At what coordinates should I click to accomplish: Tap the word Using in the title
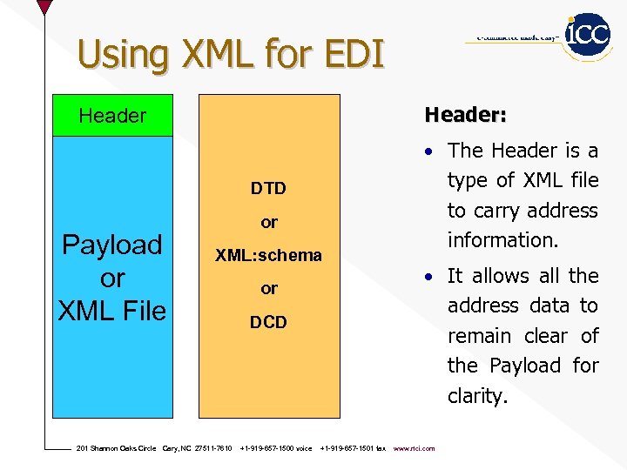click(x=121, y=55)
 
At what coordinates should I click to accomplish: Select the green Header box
click(x=112, y=116)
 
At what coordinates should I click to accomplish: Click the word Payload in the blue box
click(x=111, y=245)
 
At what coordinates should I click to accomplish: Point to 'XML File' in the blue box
click(x=111, y=309)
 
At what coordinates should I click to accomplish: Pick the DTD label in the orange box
click(x=268, y=188)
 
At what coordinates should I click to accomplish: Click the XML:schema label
click(x=269, y=256)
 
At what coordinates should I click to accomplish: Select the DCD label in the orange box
click(x=268, y=322)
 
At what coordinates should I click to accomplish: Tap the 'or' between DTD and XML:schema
click(x=269, y=223)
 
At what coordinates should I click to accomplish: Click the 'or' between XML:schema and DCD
click(x=269, y=288)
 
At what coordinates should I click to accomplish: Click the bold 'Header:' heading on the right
click(x=465, y=115)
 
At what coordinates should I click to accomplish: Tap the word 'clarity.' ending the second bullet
click(x=477, y=396)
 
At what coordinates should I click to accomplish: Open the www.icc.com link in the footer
click(x=415, y=448)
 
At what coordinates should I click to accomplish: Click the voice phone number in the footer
click(x=275, y=448)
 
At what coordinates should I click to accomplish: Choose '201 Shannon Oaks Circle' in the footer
click(x=117, y=448)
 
